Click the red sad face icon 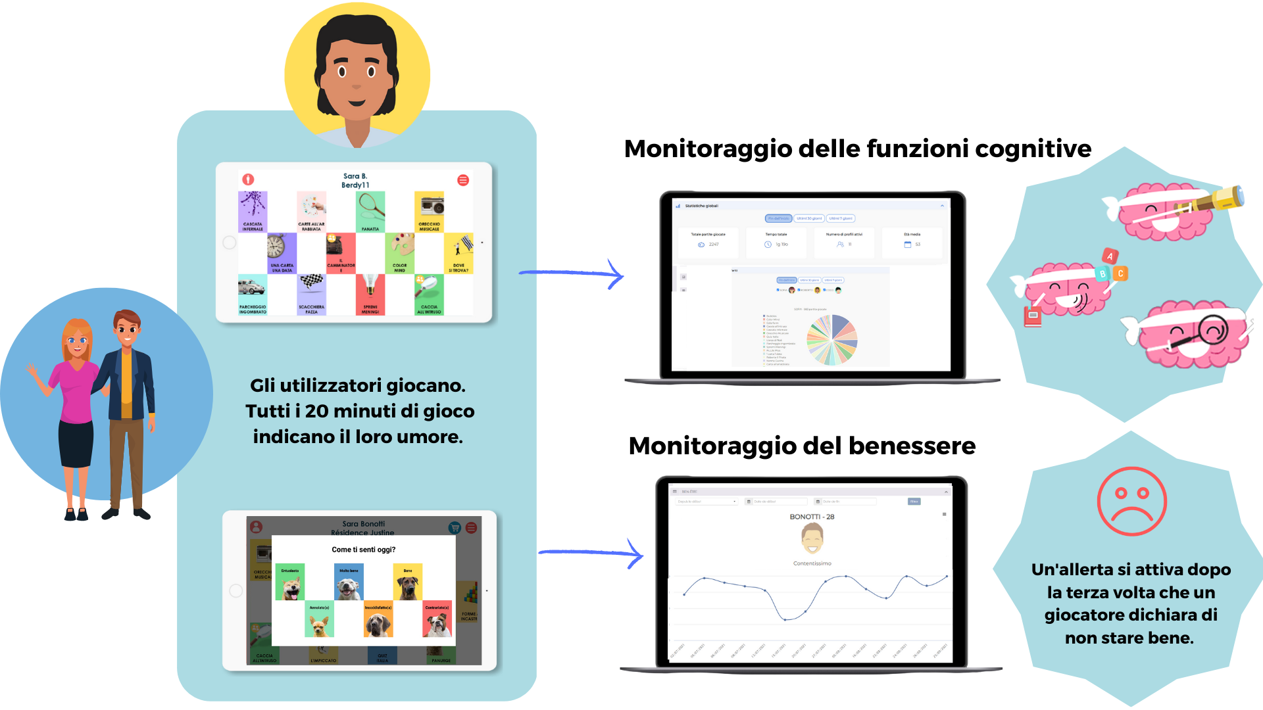coord(1131,501)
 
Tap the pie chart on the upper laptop coord(832,339)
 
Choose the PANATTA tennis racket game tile coord(370,212)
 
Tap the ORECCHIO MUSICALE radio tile coord(429,212)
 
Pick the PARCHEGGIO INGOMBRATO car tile coord(253,295)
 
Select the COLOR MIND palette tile coord(400,253)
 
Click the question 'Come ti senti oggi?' coord(363,550)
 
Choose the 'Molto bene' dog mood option coord(349,582)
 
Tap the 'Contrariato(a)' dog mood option coord(437,619)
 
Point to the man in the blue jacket coord(129,408)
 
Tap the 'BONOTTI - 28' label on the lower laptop coord(812,517)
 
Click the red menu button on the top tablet coord(463,180)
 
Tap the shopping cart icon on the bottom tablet coord(454,528)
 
